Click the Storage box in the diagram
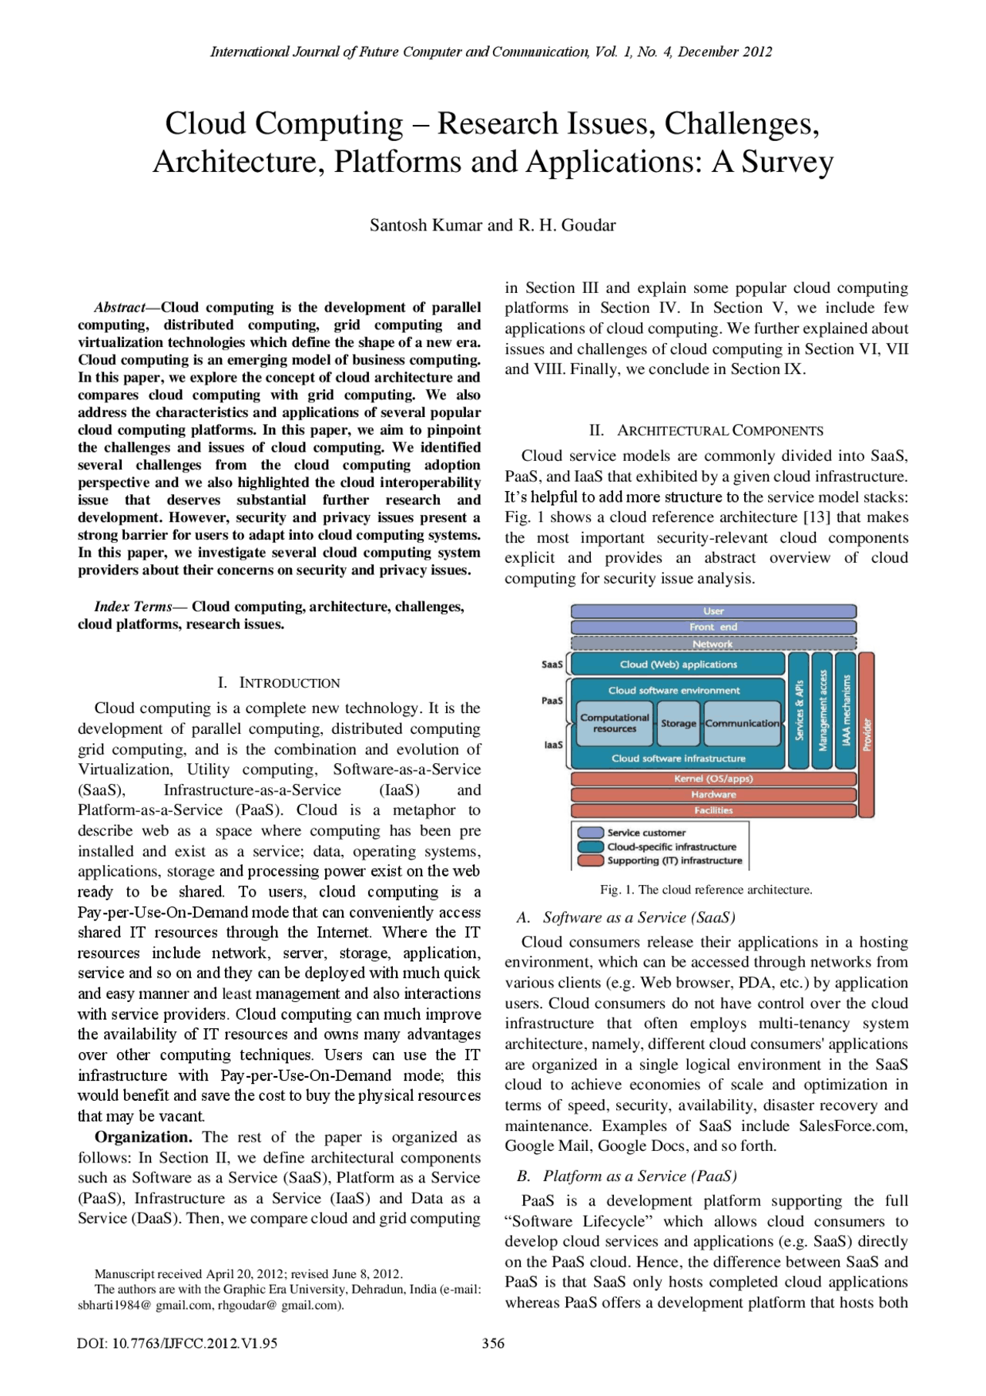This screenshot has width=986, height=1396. click(678, 723)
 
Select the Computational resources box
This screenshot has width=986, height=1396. click(614, 723)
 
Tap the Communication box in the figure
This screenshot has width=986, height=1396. click(743, 723)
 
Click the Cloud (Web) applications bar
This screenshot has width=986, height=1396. click(678, 664)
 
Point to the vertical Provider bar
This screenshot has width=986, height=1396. click(867, 734)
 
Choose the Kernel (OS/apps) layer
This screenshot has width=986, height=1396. click(713, 779)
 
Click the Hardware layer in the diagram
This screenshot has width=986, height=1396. click(713, 795)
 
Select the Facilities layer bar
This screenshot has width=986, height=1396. click(713, 810)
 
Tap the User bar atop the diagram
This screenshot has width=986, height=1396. click(713, 611)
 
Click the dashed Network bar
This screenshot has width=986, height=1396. click(713, 644)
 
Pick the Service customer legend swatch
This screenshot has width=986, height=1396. click(591, 833)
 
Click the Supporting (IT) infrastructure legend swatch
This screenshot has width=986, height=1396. click(591, 860)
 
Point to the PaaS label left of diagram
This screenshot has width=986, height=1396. click(552, 701)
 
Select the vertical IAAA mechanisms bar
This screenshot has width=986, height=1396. click(846, 711)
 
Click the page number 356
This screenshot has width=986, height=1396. click(493, 1344)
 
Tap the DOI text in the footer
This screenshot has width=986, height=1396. click(177, 1344)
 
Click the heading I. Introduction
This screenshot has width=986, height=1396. click(279, 683)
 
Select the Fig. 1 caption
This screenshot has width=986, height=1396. click(706, 890)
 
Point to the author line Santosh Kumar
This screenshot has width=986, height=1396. click(493, 225)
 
